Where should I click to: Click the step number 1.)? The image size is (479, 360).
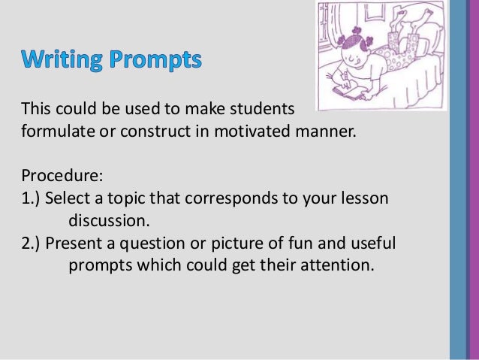(32, 200)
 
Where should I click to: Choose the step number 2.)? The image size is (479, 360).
(32, 244)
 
